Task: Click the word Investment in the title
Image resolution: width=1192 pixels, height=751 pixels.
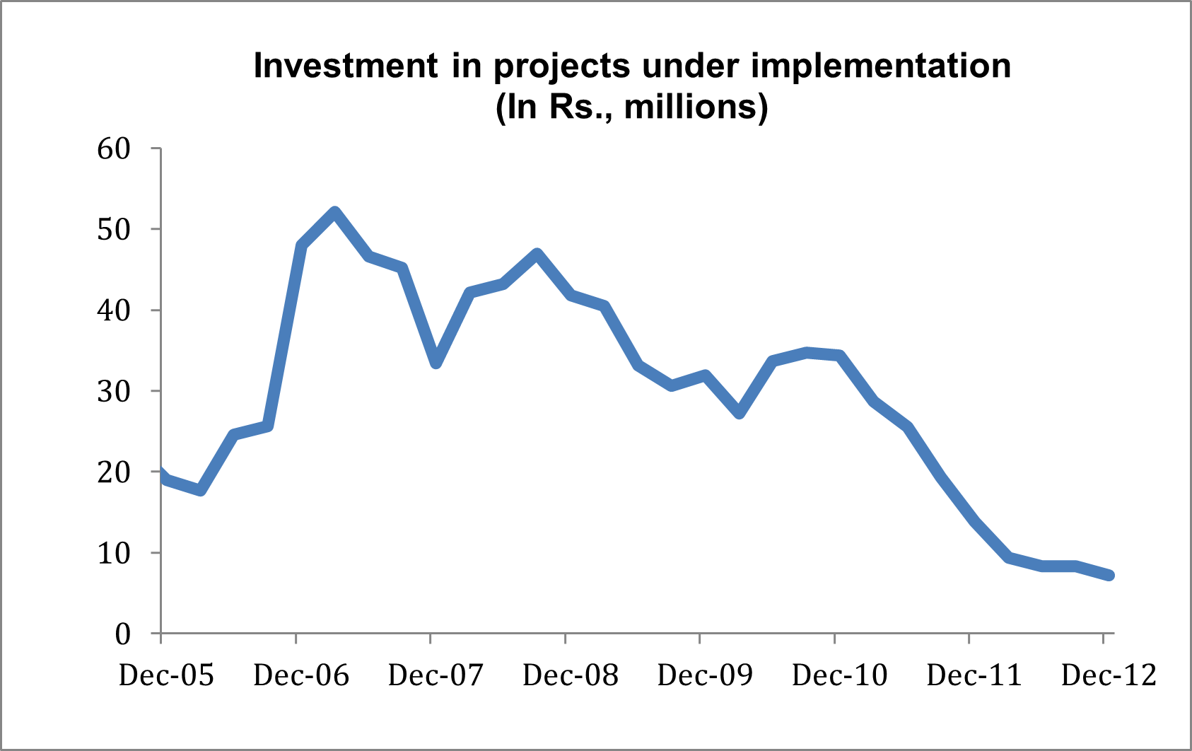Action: point(346,66)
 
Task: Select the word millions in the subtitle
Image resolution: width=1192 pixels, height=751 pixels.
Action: point(691,107)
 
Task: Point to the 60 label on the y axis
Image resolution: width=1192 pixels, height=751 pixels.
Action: point(114,149)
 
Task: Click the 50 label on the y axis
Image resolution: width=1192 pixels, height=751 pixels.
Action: point(114,229)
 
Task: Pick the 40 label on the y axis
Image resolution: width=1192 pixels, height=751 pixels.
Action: point(114,310)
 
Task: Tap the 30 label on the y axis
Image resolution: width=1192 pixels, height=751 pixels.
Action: point(114,391)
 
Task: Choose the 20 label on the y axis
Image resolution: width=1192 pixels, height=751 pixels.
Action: point(114,472)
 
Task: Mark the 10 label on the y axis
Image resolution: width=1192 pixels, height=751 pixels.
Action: point(114,552)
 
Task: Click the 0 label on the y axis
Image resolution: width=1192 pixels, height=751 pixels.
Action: point(123,634)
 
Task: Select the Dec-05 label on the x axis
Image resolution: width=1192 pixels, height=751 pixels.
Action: point(166,675)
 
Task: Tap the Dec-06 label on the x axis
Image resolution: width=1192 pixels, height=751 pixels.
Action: point(301,675)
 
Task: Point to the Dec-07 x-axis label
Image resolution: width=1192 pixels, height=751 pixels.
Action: point(436,675)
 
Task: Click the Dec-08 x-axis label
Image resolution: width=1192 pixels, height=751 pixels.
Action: point(571,675)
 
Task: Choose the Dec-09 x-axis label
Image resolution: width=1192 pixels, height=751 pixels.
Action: point(705,675)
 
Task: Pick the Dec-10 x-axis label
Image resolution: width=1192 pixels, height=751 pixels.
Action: point(840,675)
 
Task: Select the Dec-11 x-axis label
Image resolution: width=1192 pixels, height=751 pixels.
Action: point(974,675)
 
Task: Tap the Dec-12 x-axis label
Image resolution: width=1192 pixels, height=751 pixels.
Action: point(1109,675)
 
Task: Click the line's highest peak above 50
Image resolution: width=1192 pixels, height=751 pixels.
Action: point(334,213)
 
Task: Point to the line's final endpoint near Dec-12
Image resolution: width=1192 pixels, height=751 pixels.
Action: point(1109,575)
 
